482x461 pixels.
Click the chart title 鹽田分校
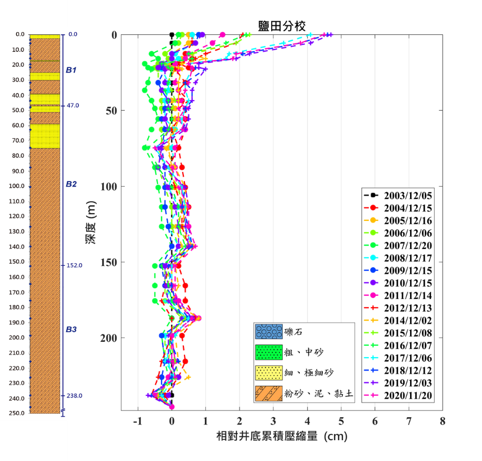point(282,25)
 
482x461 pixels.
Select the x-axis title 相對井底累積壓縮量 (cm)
point(282,436)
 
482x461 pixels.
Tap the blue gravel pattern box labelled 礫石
point(268,331)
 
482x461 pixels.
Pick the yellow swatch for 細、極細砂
point(268,373)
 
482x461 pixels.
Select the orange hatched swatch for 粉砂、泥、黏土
point(268,394)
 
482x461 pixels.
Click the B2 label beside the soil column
point(71,184)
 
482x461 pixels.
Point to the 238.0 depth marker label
point(75,395)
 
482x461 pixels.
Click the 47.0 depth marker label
point(73,105)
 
